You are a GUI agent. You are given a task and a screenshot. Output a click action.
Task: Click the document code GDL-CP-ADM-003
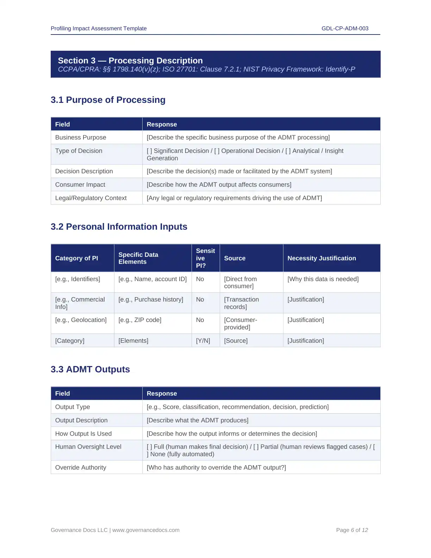(x=345, y=29)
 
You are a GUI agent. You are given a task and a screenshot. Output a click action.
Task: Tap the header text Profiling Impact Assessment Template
(x=99, y=29)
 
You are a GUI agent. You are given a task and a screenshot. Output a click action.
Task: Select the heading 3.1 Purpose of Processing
(x=108, y=100)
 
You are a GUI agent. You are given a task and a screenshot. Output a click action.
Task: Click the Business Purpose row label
(x=81, y=137)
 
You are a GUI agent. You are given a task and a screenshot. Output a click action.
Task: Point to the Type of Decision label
(x=79, y=151)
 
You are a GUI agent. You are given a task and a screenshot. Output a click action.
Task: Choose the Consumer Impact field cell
(x=80, y=185)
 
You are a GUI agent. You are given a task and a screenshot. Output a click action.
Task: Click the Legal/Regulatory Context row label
(x=91, y=198)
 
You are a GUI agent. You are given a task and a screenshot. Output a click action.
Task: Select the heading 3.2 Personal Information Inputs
(x=119, y=227)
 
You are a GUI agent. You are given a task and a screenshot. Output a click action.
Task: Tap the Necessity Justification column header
(x=321, y=258)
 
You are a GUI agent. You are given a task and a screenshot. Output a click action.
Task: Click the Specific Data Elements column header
(x=138, y=258)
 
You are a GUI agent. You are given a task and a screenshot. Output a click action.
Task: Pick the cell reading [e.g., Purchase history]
(x=151, y=299)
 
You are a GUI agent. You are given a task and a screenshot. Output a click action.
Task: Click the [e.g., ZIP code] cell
(x=140, y=320)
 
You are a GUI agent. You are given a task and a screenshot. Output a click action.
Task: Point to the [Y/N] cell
(x=203, y=341)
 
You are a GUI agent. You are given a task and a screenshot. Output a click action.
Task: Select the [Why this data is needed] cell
(x=323, y=279)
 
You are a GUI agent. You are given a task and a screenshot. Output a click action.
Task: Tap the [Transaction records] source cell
(x=241, y=303)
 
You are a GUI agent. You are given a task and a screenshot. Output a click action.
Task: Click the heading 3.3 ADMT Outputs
(x=90, y=369)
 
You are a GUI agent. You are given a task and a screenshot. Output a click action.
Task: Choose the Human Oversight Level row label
(x=88, y=447)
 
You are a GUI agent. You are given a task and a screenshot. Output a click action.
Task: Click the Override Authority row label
(x=81, y=467)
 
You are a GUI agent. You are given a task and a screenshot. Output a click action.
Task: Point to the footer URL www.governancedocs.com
(x=146, y=530)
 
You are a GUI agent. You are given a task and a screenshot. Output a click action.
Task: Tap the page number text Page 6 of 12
(x=352, y=530)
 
